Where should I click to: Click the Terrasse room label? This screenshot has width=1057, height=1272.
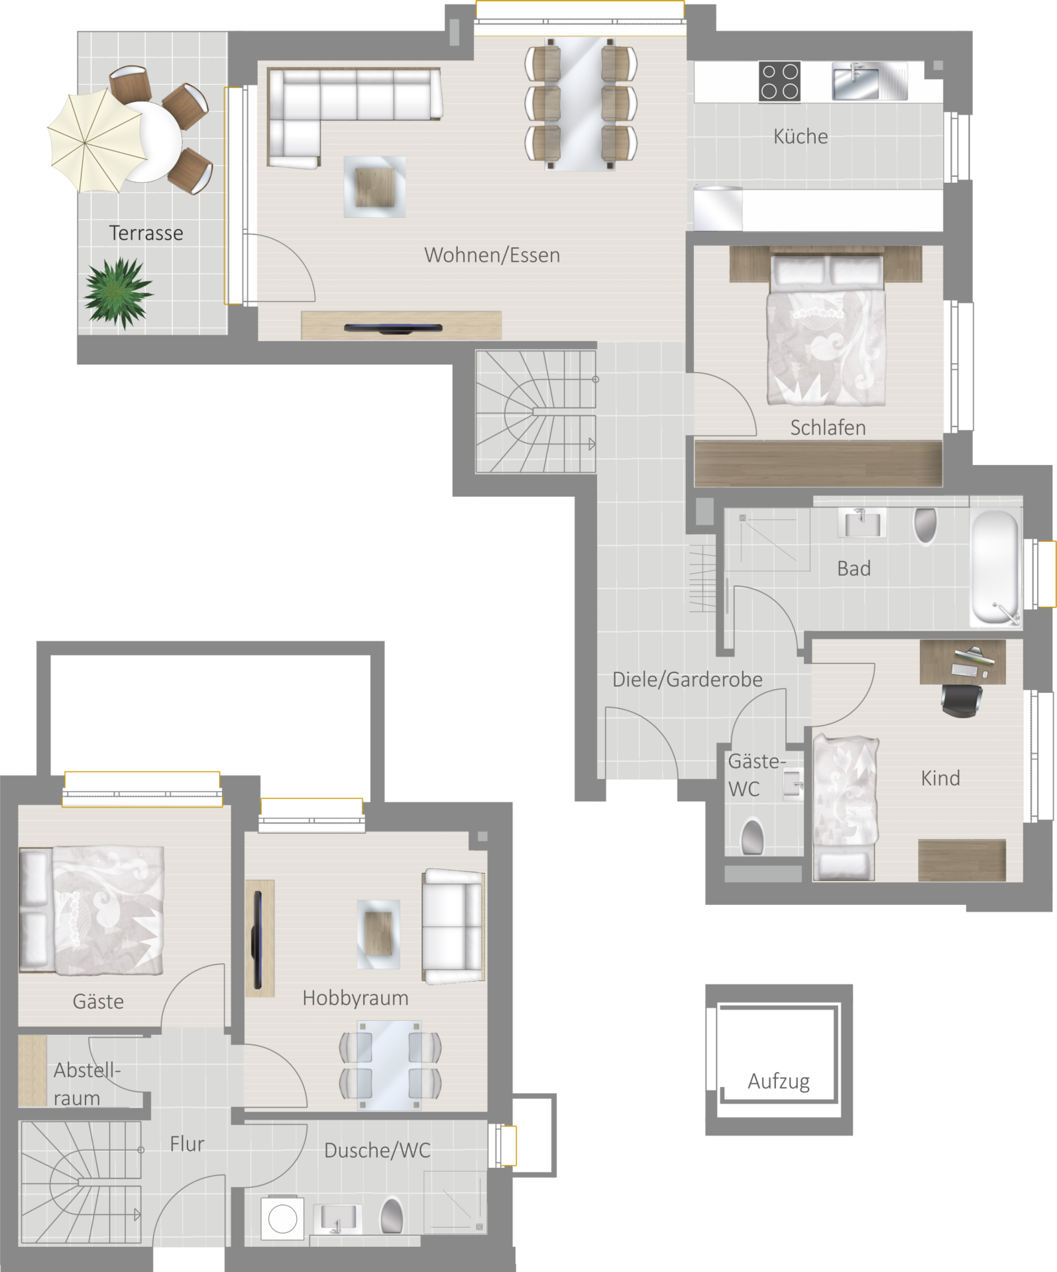coord(146,233)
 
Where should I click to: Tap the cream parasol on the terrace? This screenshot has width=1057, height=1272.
coord(97,140)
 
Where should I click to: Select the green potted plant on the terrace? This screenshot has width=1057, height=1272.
coord(119,292)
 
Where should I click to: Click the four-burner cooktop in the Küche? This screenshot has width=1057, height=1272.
coord(779,81)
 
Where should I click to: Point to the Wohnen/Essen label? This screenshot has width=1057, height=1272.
coord(492,255)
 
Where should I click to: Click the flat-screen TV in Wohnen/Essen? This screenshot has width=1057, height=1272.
coord(393,328)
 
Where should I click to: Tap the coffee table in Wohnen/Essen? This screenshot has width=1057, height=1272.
coord(374,187)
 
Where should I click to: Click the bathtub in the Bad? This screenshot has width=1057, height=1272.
coord(995,567)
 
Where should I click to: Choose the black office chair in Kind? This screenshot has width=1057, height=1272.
coord(962,700)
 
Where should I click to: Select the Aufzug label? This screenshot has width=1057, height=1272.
coord(779,1082)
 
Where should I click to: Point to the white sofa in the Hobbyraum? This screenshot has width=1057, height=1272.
coord(453,926)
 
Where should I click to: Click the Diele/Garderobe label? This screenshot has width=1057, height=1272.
coord(687,680)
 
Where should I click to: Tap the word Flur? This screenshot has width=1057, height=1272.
coord(187,1144)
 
